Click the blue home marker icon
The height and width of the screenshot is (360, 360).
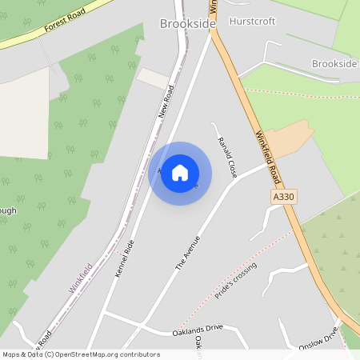click(x=180, y=173)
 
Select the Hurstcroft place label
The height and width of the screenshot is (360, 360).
click(x=251, y=22)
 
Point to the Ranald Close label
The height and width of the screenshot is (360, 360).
click(x=227, y=157)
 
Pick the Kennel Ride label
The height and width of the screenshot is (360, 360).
click(x=126, y=258)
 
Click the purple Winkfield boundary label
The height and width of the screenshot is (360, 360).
click(x=80, y=278)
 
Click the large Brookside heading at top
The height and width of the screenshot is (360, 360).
click(x=187, y=25)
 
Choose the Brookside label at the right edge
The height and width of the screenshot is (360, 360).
click(x=334, y=63)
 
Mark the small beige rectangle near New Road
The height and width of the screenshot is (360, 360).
click(x=154, y=78)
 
